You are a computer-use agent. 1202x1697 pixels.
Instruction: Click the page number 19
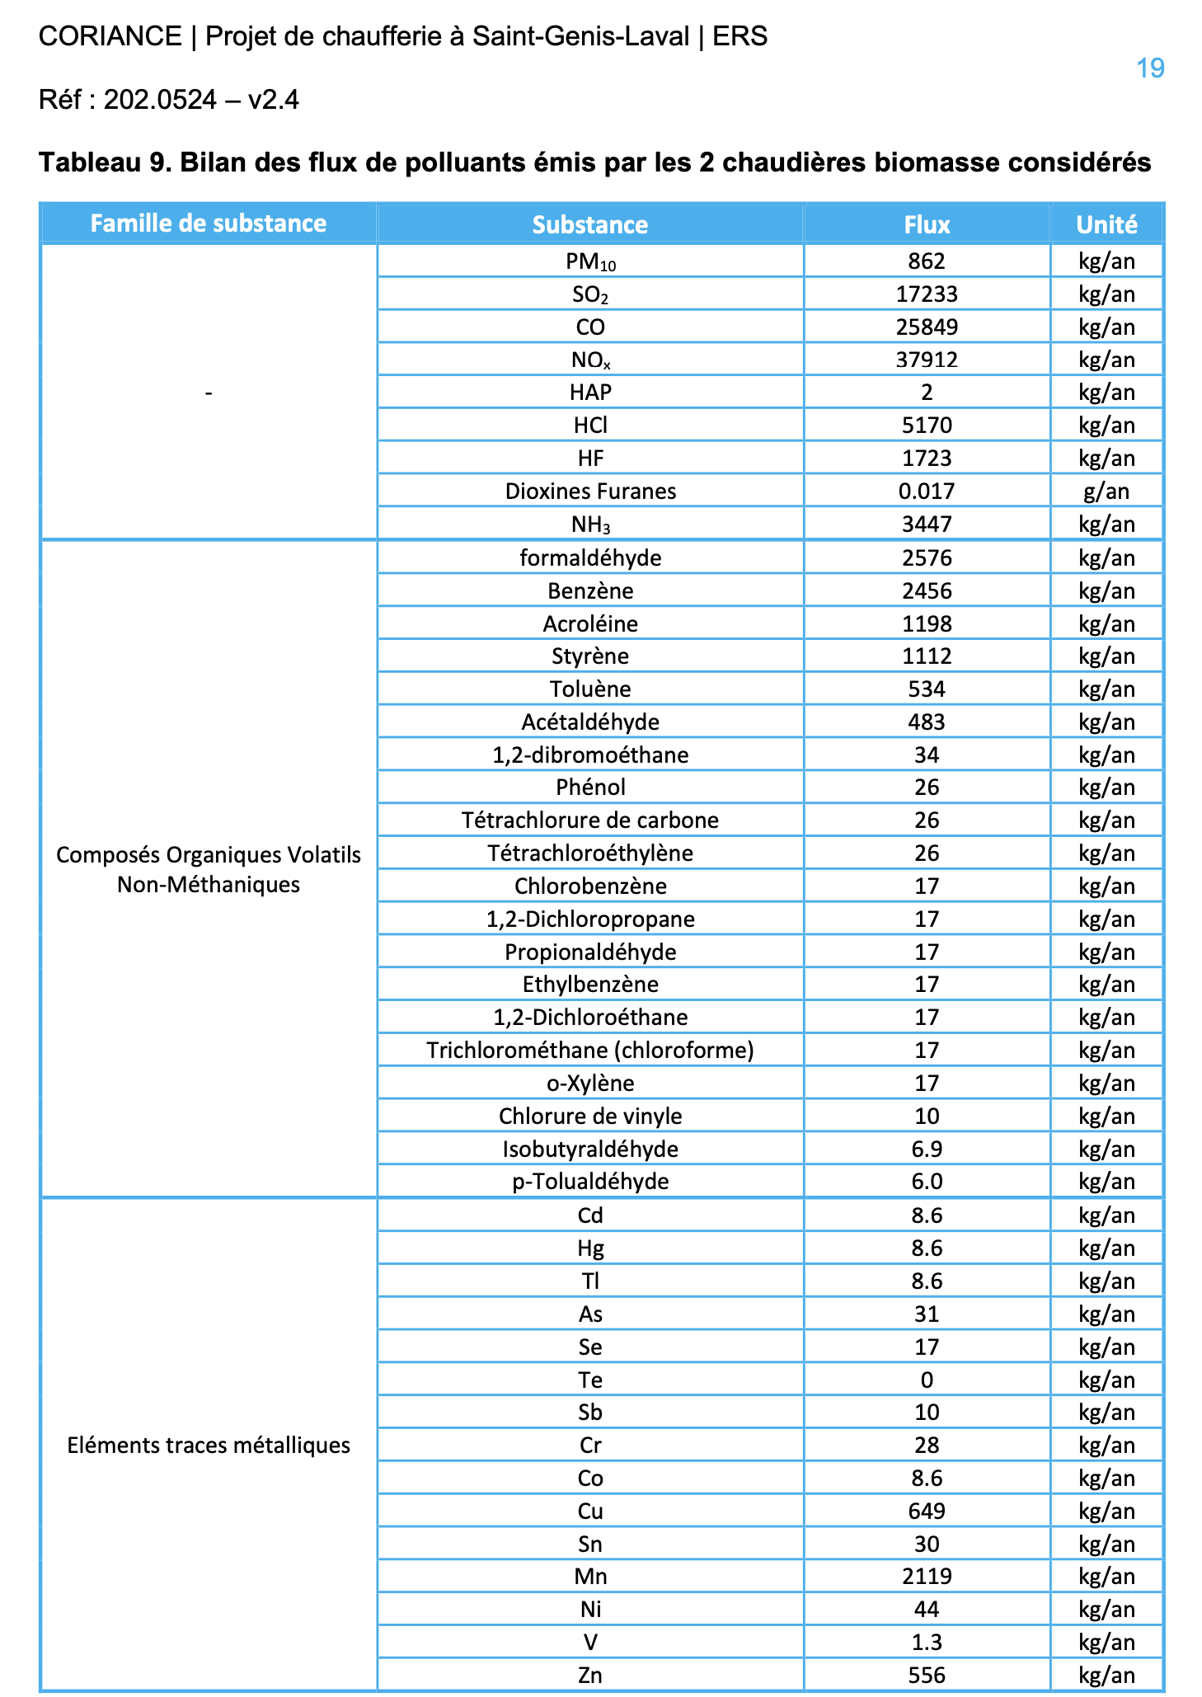point(1150,68)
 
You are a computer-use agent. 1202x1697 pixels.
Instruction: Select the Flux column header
point(927,224)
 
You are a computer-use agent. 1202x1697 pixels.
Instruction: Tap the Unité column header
point(1106,224)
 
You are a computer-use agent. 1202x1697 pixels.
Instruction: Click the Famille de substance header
point(208,223)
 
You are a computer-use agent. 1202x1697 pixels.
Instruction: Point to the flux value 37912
point(927,360)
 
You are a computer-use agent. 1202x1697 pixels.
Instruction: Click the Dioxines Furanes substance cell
point(590,491)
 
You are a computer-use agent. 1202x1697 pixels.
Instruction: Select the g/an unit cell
point(1106,491)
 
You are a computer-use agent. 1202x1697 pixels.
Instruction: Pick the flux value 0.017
point(927,491)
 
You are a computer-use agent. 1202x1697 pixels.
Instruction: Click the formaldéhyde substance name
point(590,558)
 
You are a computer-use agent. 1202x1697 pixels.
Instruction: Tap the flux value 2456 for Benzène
point(927,591)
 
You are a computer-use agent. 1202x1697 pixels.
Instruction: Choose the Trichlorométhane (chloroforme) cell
point(590,1051)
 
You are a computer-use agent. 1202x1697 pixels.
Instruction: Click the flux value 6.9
point(927,1149)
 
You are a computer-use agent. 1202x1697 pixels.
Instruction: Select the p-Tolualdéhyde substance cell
point(590,1182)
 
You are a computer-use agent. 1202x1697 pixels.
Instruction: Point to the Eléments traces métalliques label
point(208,1446)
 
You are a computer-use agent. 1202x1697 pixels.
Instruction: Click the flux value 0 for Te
point(927,1380)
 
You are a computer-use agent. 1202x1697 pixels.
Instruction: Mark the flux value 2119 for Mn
point(927,1577)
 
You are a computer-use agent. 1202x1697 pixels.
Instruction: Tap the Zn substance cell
point(590,1675)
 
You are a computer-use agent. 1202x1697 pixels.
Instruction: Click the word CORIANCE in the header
point(110,36)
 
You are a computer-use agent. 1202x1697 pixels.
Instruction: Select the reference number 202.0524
point(160,100)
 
